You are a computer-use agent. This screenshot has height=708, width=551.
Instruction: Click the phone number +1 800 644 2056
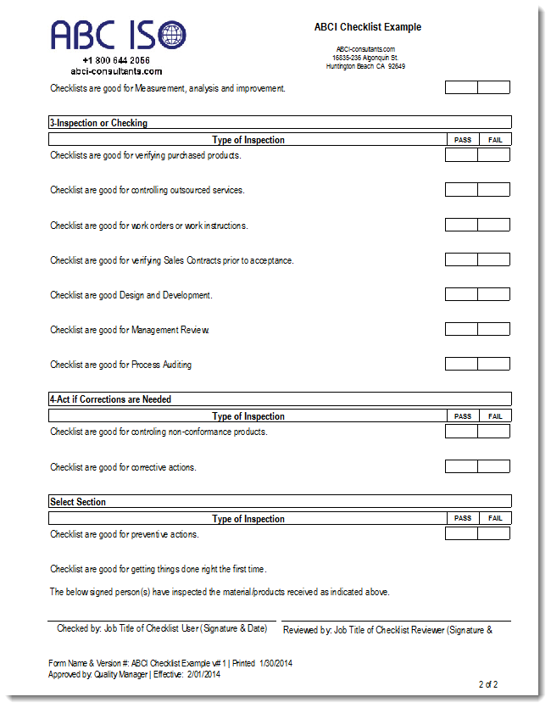116,60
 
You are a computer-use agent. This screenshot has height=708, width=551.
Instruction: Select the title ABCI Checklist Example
367,27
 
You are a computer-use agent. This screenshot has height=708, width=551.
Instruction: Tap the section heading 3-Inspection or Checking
98,123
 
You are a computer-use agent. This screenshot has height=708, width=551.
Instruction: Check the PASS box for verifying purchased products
461,155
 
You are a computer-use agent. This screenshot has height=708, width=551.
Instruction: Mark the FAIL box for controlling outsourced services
494,190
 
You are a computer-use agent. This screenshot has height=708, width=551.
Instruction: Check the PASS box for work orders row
461,226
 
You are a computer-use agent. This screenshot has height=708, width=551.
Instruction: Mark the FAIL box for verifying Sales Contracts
494,260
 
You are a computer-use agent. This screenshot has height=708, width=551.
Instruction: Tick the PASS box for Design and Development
461,295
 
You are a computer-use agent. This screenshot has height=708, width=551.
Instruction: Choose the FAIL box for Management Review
494,330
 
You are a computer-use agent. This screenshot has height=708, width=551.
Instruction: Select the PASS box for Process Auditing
461,365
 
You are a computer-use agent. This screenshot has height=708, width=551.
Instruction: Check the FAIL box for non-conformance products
494,432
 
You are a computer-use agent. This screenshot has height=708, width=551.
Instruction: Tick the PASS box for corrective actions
461,467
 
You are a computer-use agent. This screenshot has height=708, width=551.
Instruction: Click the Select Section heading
78,502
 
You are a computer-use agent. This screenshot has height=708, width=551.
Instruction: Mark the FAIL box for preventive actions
494,534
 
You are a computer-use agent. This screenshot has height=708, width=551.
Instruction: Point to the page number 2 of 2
488,684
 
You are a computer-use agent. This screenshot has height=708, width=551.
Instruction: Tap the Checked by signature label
161,629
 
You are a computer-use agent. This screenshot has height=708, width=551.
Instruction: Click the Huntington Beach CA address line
365,66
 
